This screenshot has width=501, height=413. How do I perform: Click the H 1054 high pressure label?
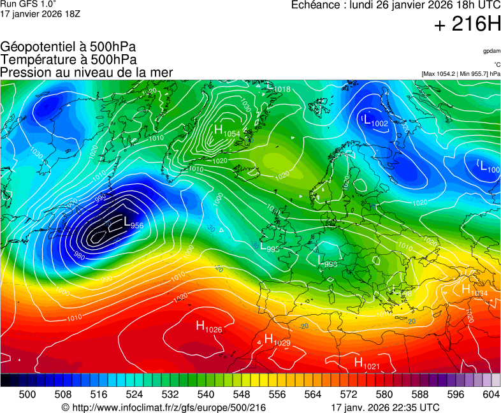[227, 131]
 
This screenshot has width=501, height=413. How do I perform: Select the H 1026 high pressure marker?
[208, 327]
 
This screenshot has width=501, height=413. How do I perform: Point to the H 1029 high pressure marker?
[277, 340]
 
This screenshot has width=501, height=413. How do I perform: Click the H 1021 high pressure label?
[367, 363]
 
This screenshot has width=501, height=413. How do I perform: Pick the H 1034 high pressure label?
[474, 291]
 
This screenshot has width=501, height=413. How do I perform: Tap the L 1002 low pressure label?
[375, 121]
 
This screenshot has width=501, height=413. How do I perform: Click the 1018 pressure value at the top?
[282, 89]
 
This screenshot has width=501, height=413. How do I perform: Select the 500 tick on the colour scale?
[27, 395]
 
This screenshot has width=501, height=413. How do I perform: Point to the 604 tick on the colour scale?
[491, 395]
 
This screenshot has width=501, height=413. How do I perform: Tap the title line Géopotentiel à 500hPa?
[68, 47]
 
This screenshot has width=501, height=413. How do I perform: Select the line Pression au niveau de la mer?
[87, 73]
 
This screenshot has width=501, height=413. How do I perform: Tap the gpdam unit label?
[491, 51]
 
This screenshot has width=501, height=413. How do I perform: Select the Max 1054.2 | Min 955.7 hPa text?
[461, 74]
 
